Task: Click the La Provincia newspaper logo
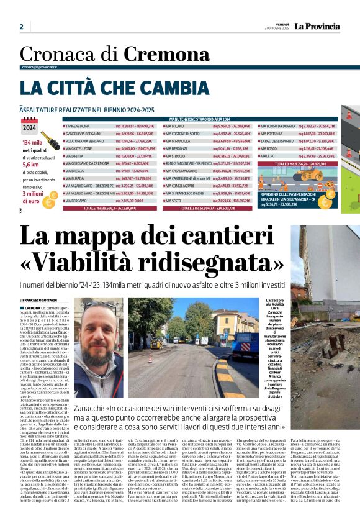tap(317, 26)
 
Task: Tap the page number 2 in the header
tap(21, 27)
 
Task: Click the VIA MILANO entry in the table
tap(176, 125)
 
